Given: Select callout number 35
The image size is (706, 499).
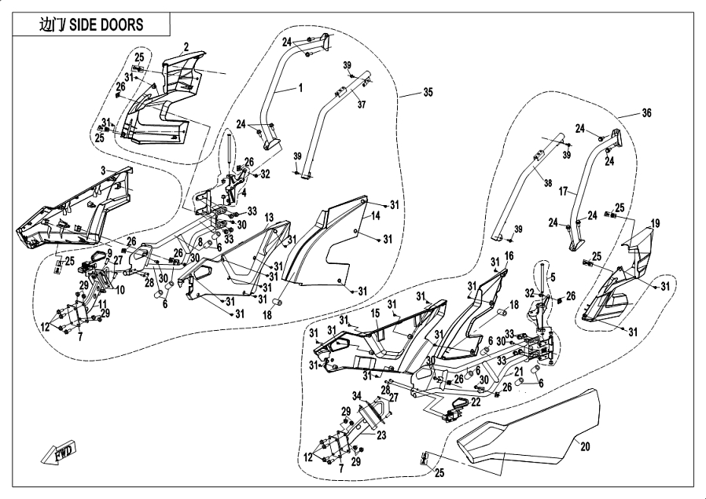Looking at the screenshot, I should pos(428,93).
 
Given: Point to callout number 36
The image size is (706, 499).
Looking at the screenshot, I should pos(646,113).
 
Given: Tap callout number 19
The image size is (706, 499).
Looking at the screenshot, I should pos(655,222).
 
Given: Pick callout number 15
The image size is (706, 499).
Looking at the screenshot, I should pos(375,313).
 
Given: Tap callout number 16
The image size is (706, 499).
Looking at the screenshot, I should pos(509,255).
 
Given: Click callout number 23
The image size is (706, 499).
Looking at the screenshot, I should pos(381,434).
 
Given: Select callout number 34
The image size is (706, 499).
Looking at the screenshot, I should pos(355,394).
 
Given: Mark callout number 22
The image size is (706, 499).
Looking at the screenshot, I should pos(476,402).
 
